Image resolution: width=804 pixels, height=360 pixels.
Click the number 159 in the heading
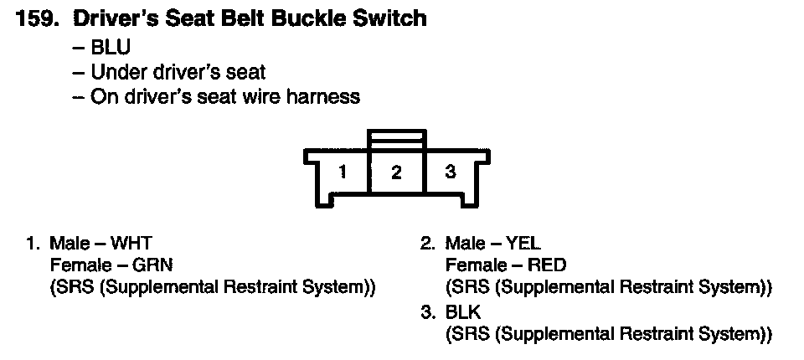point(35,18)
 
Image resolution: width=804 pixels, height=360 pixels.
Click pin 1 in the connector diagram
point(343,172)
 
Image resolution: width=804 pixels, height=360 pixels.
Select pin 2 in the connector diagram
point(396,173)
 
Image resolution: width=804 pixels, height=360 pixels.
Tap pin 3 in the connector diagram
point(451,172)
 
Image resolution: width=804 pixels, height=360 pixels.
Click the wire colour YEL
point(523,244)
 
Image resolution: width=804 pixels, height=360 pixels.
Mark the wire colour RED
point(547,265)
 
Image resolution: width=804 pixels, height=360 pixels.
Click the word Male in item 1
point(68,244)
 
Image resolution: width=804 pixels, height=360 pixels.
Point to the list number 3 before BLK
point(428,312)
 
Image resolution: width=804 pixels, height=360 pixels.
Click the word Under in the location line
point(114,72)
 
